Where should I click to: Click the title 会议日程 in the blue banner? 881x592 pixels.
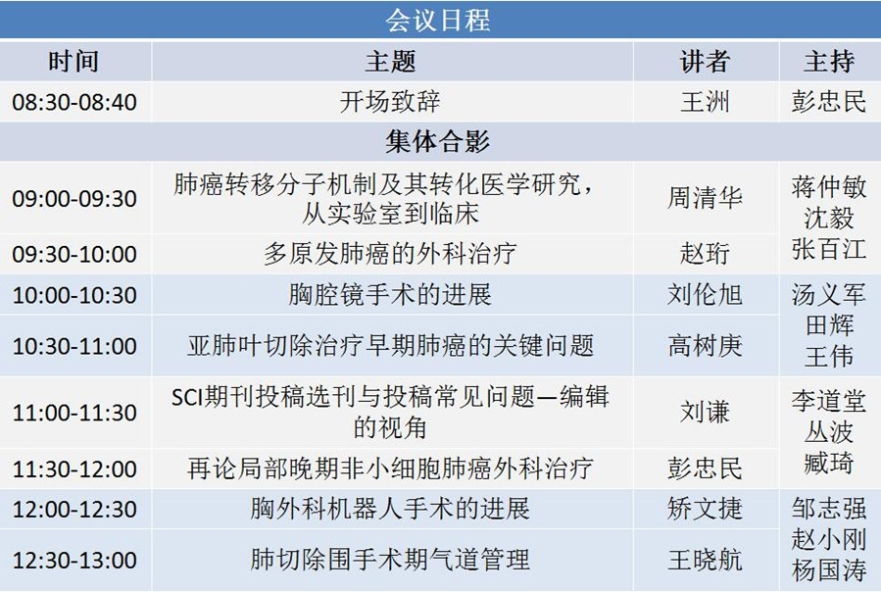click(x=438, y=21)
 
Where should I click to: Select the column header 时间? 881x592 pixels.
click(x=73, y=62)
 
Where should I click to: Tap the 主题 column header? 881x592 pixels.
click(x=390, y=62)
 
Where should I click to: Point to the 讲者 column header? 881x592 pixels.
click(x=706, y=62)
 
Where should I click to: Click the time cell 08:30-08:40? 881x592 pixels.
click(x=74, y=102)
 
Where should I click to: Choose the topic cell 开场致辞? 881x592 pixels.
click(x=390, y=102)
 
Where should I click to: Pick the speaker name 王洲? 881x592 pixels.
click(x=706, y=102)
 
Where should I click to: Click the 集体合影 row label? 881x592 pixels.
click(x=438, y=142)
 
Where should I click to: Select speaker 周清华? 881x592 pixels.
click(x=706, y=198)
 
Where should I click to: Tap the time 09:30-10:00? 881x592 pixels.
click(x=74, y=254)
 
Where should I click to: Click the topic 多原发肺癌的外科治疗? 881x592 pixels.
click(x=390, y=254)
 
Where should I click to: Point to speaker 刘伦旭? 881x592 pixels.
click(x=706, y=294)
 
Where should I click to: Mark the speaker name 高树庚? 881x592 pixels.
click(x=706, y=346)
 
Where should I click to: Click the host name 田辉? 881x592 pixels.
click(x=829, y=325)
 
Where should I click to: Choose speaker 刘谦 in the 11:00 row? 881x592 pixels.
click(x=706, y=412)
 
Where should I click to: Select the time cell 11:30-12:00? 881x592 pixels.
click(x=74, y=469)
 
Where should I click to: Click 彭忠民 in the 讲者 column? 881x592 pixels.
click(x=706, y=469)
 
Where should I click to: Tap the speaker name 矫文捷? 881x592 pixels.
click(x=706, y=509)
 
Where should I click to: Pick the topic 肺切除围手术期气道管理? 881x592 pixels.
click(x=390, y=560)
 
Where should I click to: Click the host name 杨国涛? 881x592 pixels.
click(x=829, y=570)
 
